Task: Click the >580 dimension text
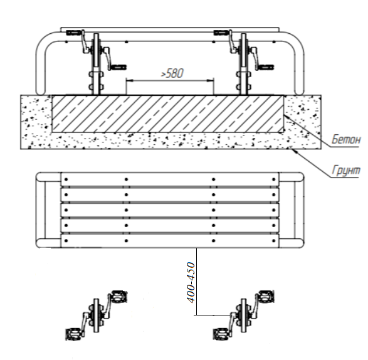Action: pyautogui.click(x=172, y=73)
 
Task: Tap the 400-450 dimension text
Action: pyautogui.click(x=191, y=282)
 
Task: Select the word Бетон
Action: pyautogui.click(x=345, y=140)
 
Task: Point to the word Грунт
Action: pyautogui.click(x=345, y=170)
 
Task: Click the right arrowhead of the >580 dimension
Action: pyautogui.click(x=211, y=80)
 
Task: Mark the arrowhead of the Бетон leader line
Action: pyautogui.click(x=287, y=117)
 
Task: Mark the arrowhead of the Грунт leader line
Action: pyautogui.click(x=294, y=150)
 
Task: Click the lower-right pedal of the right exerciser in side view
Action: pyautogui.click(x=265, y=67)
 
